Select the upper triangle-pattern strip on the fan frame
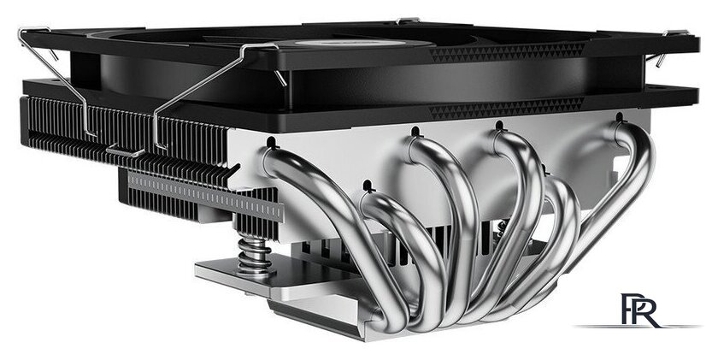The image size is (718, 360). [x=504, y=53]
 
